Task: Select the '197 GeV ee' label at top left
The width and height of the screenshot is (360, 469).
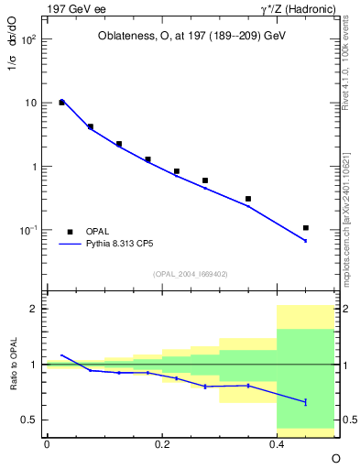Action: tap(73, 9)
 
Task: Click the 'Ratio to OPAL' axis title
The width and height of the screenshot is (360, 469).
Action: tap(14, 365)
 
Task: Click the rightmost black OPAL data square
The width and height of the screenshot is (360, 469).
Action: tap(306, 227)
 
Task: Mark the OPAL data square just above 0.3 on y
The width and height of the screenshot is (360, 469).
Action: tap(248, 199)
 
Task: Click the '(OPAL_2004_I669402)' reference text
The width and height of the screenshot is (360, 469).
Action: tap(191, 273)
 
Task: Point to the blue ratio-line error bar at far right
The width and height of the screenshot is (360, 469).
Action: tap(306, 401)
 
